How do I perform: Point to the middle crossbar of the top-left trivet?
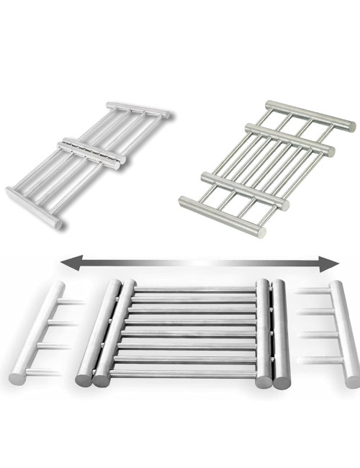point(93,151)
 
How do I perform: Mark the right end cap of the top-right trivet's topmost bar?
point(352,127)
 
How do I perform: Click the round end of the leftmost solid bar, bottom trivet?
point(84,378)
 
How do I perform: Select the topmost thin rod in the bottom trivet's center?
point(194,289)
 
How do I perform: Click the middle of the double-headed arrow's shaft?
point(199,264)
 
